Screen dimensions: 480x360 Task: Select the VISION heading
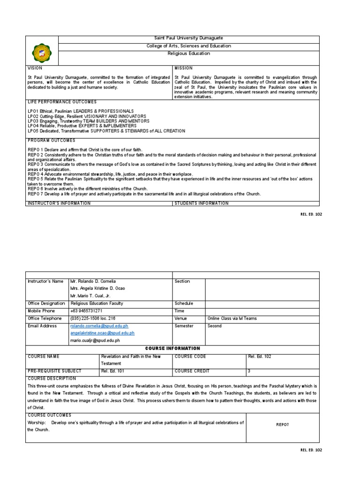[x=35, y=68]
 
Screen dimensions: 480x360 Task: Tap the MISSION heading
[x=183, y=68]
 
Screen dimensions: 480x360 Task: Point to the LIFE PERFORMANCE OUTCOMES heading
[x=62, y=102]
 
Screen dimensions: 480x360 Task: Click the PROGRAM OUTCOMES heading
[x=52, y=141]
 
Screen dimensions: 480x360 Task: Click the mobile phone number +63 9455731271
[x=86, y=311]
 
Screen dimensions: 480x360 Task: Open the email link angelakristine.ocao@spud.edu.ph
[x=102, y=333]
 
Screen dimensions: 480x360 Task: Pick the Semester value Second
[x=215, y=326]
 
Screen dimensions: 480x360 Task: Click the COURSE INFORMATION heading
[x=172, y=348]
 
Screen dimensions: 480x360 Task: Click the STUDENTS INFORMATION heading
[x=202, y=203]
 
